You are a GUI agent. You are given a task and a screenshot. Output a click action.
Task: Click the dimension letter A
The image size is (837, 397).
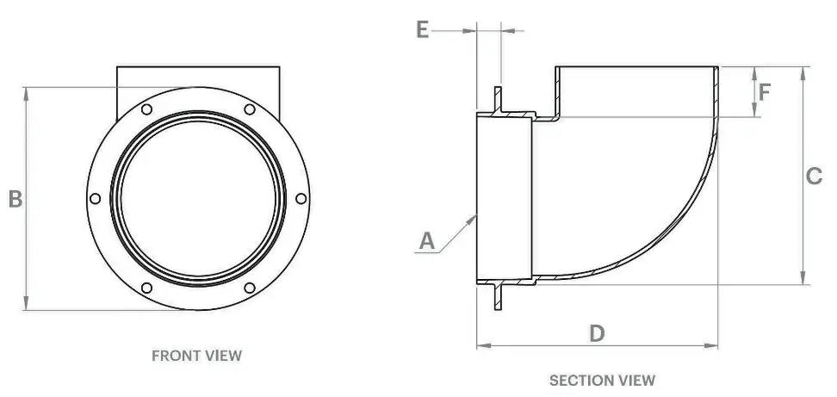click(427, 241)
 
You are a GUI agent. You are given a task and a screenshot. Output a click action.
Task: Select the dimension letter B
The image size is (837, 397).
click(15, 199)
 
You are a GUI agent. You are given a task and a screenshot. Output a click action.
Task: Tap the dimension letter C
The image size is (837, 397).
click(814, 177)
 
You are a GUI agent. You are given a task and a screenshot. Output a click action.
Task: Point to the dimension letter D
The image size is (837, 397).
click(597, 333)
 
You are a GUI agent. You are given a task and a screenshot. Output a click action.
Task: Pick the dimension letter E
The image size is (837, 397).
click(422, 29)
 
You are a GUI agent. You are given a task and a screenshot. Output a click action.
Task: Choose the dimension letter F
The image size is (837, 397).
click(765, 90)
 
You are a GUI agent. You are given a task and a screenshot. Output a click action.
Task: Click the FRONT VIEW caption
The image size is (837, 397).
click(196, 355)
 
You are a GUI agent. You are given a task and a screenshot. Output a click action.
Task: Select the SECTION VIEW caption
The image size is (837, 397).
click(602, 380)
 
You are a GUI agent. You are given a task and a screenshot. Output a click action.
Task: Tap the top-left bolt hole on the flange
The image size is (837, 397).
click(146, 109)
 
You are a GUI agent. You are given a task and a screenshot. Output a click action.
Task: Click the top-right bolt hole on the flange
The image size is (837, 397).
click(249, 109)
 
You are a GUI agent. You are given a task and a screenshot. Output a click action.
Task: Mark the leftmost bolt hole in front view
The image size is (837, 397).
click(94, 198)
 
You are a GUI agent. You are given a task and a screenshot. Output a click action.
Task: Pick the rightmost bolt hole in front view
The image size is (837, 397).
click(301, 198)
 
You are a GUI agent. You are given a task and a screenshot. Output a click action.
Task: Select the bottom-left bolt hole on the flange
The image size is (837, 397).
click(146, 288)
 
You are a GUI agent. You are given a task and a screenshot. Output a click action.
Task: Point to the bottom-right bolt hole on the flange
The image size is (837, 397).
click(249, 288)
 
